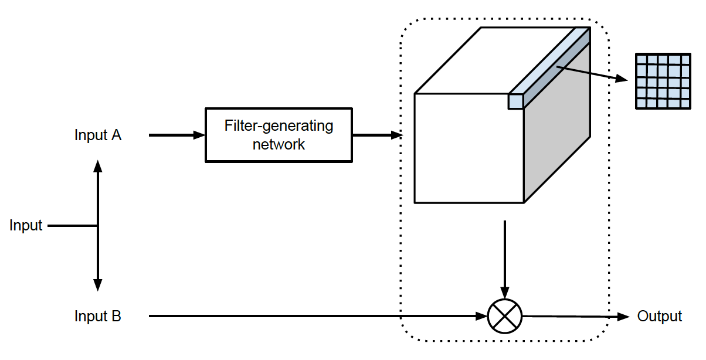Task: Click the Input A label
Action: (97, 135)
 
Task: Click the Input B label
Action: (97, 317)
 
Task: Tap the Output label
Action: (659, 317)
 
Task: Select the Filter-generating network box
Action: (279, 135)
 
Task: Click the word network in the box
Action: (279, 144)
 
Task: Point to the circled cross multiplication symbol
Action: (504, 317)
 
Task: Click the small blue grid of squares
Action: (663, 81)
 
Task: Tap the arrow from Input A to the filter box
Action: (176, 135)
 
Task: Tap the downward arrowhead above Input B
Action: (97, 285)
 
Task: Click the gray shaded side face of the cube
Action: (557, 135)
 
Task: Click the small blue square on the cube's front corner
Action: (515, 101)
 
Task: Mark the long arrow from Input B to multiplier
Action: (317, 317)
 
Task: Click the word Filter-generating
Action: (279, 125)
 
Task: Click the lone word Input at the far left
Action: (26, 226)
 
